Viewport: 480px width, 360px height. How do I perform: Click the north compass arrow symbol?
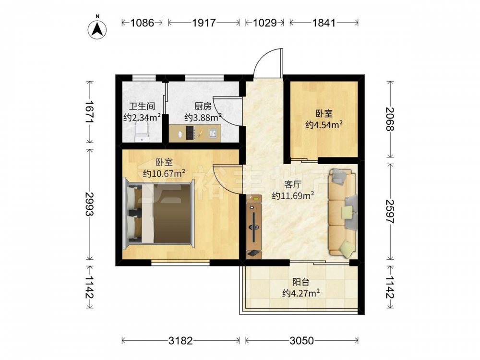click(97, 30)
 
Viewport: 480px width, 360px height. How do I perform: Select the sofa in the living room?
click(343, 213)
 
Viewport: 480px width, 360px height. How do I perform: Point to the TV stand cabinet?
click(254, 227)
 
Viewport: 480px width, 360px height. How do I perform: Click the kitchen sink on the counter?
click(213, 133)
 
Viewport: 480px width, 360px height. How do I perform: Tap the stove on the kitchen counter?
click(191, 133)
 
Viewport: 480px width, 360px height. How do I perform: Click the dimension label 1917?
click(204, 23)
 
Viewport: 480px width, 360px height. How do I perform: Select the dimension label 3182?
click(180, 340)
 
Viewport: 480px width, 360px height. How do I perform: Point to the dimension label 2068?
click(390, 120)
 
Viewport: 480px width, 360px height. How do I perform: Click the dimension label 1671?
click(90, 112)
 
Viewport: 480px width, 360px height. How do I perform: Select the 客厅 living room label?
click(293, 185)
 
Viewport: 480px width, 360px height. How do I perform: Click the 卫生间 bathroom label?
click(142, 106)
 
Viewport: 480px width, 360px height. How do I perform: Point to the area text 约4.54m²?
click(324, 125)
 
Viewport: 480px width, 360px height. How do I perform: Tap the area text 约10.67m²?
click(164, 174)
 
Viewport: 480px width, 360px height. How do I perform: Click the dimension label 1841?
click(324, 23)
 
